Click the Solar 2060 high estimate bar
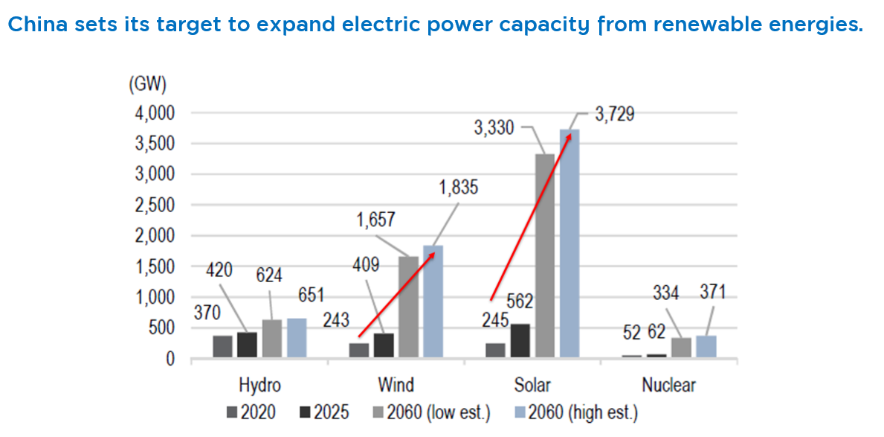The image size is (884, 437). pos(570,243)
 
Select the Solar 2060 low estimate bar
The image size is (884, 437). pos(545,256)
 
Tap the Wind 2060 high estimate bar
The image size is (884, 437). pos(433,302)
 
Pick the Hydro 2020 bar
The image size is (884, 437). pos(223,347)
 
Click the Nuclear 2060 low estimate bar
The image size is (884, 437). pos(682,348)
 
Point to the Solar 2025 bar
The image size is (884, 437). pos(520,341)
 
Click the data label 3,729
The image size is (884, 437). pos(615,115)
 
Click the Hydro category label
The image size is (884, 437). pos(260,386)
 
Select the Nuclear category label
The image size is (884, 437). pos(668,386)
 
